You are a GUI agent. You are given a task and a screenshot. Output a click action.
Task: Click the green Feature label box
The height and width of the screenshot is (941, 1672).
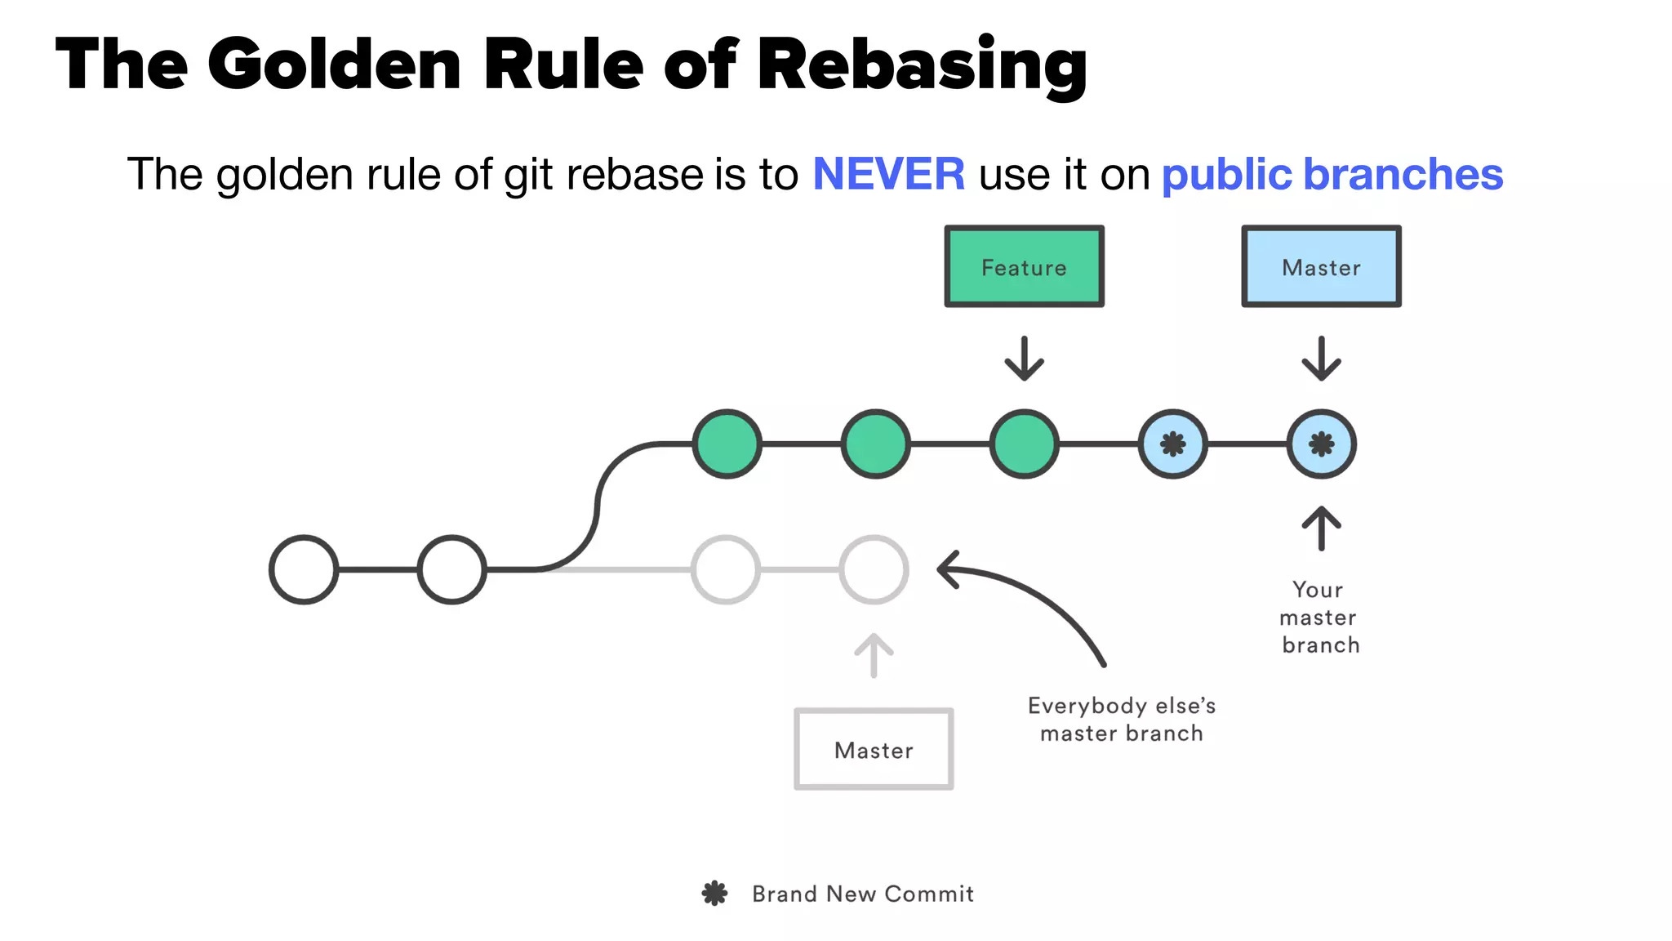(x=1024, y=267)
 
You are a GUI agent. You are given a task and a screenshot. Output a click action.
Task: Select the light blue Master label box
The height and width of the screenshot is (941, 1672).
(x=1321, y=267)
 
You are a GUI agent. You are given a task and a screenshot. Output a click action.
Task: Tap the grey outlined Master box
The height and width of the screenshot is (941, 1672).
(x=874, y=749)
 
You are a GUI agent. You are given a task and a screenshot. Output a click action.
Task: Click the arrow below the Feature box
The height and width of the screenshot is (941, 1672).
(x=1024, y=359)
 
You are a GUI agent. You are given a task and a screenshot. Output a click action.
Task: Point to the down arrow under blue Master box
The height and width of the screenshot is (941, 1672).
(x=1321, y=359)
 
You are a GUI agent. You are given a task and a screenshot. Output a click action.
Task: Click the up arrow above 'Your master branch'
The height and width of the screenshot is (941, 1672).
(x=1321, y=528)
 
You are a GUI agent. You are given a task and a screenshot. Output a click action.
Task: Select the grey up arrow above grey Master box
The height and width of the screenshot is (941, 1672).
(x=874, y=655)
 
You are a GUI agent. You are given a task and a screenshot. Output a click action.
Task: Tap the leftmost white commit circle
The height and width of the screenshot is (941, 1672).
(x=304, y=569)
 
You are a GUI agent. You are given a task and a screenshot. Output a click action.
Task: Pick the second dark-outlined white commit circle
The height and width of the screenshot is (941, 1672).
(x=451, y=569)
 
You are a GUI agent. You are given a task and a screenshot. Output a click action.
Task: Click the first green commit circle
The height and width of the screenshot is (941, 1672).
(x=727, y=444)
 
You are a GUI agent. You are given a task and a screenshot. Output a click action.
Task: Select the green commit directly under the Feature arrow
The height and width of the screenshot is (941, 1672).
(x=1024, y=444)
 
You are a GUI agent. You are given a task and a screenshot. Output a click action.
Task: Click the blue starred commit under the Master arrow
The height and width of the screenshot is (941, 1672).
(x=1321, y=444)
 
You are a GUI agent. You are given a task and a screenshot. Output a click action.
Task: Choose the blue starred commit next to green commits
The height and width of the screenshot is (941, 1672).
(x=1172, y=444)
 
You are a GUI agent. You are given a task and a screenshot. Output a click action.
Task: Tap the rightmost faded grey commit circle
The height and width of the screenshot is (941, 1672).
(x=874, y=569)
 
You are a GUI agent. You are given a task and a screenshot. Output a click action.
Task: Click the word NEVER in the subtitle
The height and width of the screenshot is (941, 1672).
(x=888, y=174)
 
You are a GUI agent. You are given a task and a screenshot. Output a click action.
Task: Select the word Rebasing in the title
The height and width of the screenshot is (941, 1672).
(x=922, y=65)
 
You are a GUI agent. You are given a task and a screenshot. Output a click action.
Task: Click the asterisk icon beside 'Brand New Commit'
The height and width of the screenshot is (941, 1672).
(x=714, y=893)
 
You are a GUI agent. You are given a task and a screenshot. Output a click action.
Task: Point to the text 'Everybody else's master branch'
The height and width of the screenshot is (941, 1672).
(x=1121, y=719)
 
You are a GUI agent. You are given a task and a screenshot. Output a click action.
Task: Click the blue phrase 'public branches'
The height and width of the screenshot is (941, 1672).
(x=1332, y=174)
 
